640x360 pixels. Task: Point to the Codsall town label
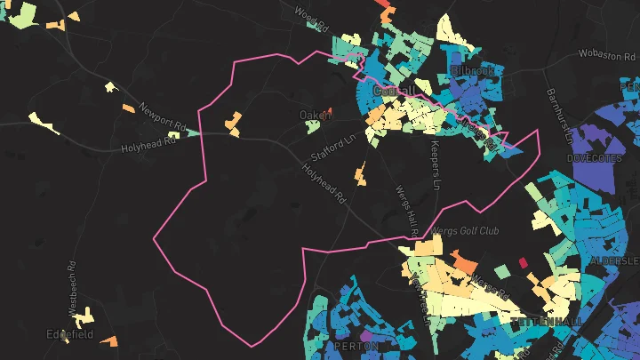tap(394, 91)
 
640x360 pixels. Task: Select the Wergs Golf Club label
tap(465, 231)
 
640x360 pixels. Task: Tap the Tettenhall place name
tap(546, 320)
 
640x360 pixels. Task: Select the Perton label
tap(356, 345)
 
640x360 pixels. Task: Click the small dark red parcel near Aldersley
tap(522, 261)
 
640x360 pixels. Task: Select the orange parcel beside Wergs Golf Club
tap(463, 260)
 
